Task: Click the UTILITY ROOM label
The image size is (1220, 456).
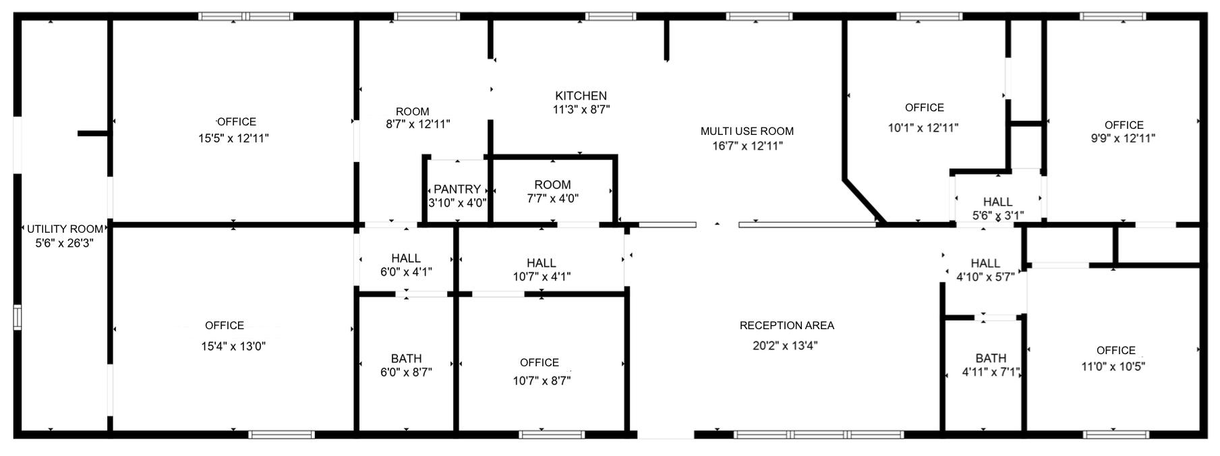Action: [65, 229]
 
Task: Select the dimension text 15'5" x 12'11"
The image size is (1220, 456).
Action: [233, 138]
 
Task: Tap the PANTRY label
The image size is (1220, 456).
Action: [457, 190]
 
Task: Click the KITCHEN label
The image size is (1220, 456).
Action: [581, 96]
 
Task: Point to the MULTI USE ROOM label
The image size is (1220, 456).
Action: [747, 132]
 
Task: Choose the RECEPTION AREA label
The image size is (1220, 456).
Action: [786, 326]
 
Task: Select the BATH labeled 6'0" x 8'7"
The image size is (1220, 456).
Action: [406, 359]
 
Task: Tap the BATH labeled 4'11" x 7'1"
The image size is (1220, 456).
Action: [990, 359]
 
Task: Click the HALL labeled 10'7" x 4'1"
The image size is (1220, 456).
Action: [541, 263]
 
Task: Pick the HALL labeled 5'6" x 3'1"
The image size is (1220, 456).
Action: [997, 202]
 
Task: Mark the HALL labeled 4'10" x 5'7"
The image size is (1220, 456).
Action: [985, 263]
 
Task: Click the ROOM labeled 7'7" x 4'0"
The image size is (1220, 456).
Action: [552, 185]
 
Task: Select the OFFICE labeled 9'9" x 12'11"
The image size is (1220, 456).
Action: [1124, 125]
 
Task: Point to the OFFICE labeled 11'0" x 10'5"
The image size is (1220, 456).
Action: [1115, 351]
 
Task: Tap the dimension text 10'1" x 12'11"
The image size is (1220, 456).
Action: [923, 127]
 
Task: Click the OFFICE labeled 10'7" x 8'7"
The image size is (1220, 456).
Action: [539, 363]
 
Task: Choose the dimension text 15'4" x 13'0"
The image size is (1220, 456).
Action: [233, 347]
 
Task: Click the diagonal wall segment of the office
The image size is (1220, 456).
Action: [864, 200]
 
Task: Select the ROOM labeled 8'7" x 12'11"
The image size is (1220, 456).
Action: [412, 112]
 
